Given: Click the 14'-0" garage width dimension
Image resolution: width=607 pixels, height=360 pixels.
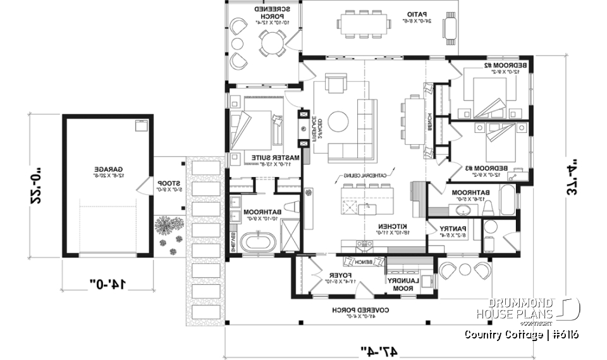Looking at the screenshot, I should tap(107, 285).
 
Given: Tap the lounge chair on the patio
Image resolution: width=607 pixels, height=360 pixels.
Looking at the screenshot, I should tap(450, 28).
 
